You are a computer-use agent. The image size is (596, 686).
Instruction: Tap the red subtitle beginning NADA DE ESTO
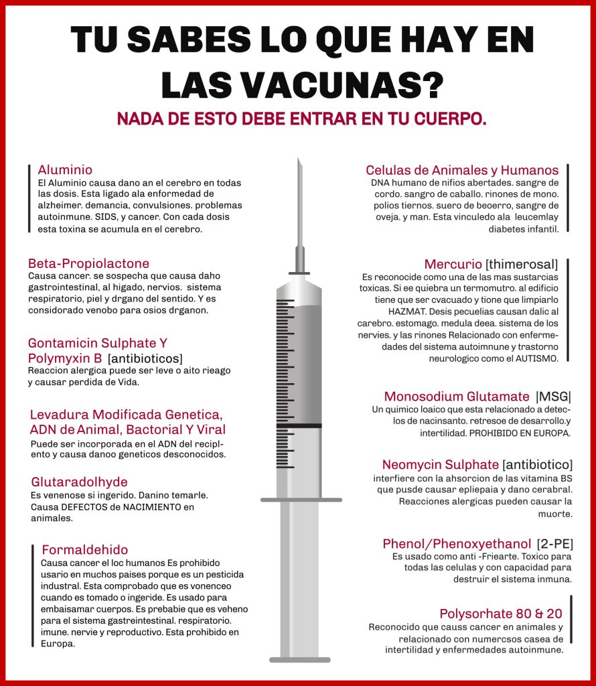click(x=301, y=119)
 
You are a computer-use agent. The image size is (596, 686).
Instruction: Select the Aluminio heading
click(x=65, y=169)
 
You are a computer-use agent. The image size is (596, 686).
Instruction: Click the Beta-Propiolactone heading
click(x=88, y=263)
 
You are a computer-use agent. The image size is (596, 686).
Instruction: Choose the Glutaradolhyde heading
click(x=79, y=482)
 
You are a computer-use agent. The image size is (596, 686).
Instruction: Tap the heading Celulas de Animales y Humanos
click(x=462, y=169)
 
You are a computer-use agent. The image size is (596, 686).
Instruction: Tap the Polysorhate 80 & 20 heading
click(x=501, y=614)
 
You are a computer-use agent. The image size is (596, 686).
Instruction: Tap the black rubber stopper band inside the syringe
click(x=299, y=425)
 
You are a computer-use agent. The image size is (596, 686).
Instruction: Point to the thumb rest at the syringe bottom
click(x=300, y=660)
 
